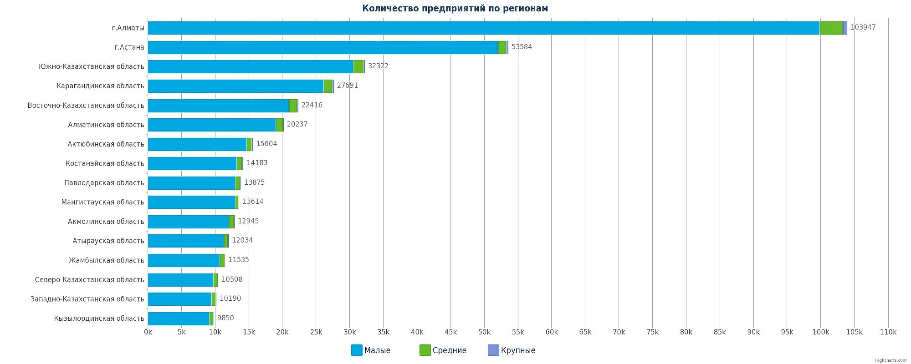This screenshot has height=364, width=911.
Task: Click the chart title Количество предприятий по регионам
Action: point(455,8)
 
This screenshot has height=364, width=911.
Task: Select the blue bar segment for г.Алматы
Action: point(483,28)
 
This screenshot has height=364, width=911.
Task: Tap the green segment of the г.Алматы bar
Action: point(831,28)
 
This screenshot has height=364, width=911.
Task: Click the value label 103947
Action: point(863,27)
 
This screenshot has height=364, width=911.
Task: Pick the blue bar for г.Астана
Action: point(322,47)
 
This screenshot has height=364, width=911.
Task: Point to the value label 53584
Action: point(522,47)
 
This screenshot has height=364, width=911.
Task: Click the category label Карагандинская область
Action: point(100,86)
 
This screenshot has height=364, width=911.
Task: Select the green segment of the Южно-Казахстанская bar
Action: point(358,66)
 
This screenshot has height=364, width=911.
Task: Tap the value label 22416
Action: point(312,105)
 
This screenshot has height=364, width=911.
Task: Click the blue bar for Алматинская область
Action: point(211,125)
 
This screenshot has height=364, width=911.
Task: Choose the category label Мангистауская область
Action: point(102,202)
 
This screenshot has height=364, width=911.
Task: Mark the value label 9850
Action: point(225,318)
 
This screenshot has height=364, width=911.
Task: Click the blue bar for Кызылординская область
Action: point(178,318)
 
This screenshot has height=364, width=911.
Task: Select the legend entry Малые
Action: point(371,350)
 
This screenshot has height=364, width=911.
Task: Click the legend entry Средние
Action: point(443,350)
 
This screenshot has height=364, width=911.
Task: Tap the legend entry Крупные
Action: point(512,350)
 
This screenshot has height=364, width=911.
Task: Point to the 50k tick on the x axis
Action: point(484,332)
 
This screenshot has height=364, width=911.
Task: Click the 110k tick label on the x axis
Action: point(888,332)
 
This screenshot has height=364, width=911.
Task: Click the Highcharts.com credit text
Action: point(890,360)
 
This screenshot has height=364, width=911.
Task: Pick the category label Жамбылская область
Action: point(106,260)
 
